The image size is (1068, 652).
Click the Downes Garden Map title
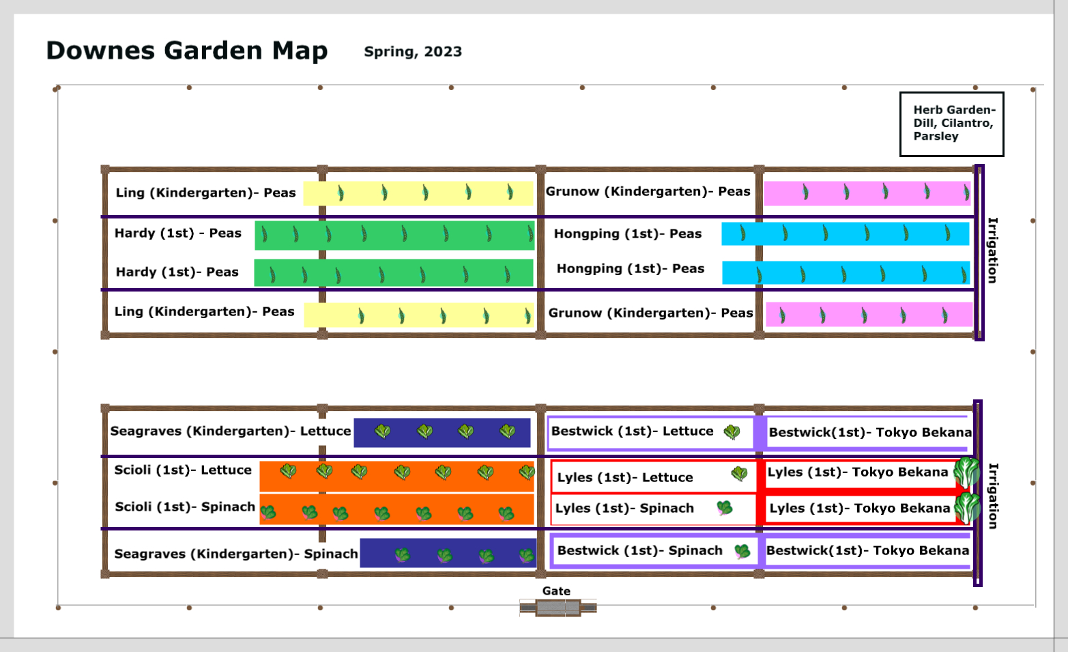[187, 51]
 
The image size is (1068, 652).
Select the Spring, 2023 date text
[413, 51]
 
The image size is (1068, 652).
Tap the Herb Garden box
[952, 124]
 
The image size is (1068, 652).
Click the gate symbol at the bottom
[558, 608]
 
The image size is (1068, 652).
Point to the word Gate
[556, 591]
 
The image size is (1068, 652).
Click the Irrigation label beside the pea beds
[992, 251]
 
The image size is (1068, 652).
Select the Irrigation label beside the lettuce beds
[993, 496]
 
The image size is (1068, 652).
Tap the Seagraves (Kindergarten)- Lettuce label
[231, 431]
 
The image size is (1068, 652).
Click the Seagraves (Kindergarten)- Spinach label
[236, 554]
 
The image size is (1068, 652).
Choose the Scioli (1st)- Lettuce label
[183, 470]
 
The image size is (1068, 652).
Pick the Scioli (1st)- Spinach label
[185, 507]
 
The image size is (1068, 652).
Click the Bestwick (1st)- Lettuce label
[632, 431]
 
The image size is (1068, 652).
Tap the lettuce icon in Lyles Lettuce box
[739, 474]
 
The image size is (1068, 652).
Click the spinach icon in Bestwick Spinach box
[742, 552]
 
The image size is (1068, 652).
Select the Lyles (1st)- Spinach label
[624, 509]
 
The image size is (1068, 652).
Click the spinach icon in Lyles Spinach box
[724, 508]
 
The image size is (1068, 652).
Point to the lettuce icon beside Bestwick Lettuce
[732, 432]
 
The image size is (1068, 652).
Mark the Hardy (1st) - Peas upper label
[178, 233]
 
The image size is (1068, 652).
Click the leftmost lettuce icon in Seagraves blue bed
[382, 431]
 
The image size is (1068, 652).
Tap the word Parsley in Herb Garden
[936, 137]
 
